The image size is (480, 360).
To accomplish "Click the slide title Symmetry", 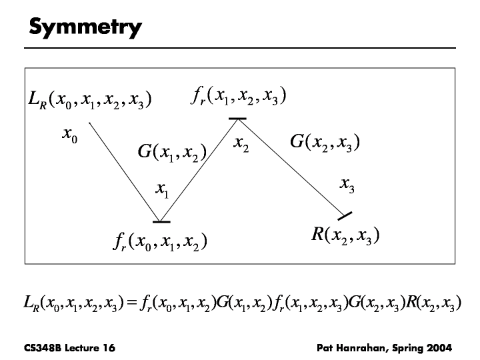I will (85, 28).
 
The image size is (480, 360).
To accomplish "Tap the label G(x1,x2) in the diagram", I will (171, 152).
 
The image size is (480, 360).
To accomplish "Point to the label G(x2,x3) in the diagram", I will (325, 142).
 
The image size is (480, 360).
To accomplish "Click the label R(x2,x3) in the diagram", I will (345, 234).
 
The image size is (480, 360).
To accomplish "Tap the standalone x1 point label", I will (162, 191).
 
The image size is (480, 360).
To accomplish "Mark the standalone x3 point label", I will (347, 185).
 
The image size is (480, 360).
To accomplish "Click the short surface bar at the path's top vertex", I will (237, 119).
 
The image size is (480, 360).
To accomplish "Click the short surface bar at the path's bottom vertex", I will (161, 221).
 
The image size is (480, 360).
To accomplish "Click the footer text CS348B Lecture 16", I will (64, 347).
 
